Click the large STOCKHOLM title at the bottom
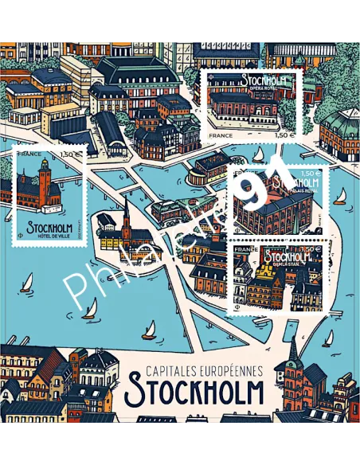coord(194,392)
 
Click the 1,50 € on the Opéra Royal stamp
coord(285,136)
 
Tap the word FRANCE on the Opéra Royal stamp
coord(220,136)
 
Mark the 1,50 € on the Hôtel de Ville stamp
coord(72,154)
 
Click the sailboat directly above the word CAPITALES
coord(149,327)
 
